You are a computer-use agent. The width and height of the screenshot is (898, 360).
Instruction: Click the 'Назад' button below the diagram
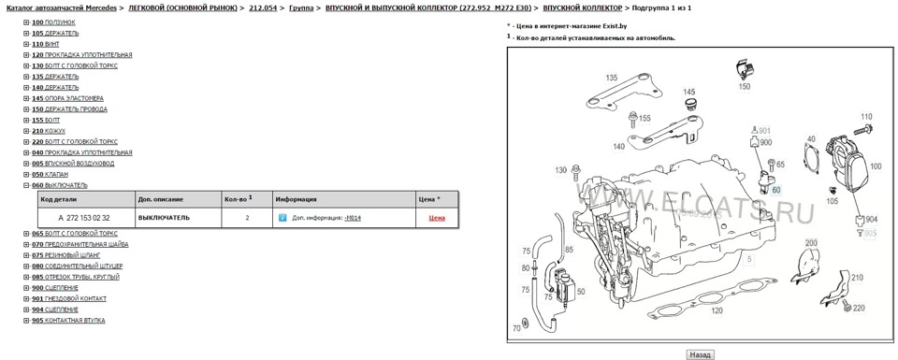700,354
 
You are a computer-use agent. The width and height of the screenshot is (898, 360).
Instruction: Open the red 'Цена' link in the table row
437,217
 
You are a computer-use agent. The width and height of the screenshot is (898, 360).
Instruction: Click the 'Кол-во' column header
236,199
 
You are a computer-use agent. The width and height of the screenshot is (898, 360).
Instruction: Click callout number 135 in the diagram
611,78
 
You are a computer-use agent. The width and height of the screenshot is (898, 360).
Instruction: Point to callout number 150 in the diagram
745,86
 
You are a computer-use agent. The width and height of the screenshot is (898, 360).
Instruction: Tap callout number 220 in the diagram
859,308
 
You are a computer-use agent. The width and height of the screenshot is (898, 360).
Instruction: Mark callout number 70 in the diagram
515,328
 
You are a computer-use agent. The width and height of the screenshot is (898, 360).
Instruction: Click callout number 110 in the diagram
865,117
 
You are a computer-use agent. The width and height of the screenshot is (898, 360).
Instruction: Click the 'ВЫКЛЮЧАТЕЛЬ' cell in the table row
164,217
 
